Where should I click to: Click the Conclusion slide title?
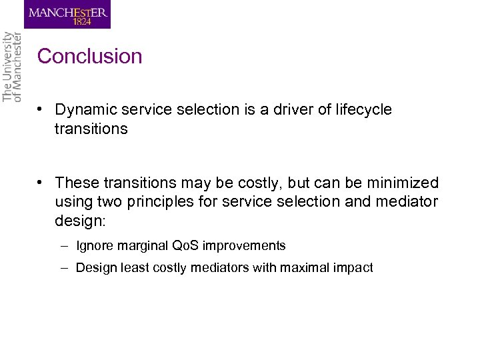(x=90, y=57)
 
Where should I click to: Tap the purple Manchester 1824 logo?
(x=67, y=14)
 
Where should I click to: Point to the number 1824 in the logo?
(x=67, y=22)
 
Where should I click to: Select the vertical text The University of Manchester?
(x=11, y=67)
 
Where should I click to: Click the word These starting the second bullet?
(x=75, y=183)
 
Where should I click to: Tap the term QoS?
(x=185, y=246)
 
